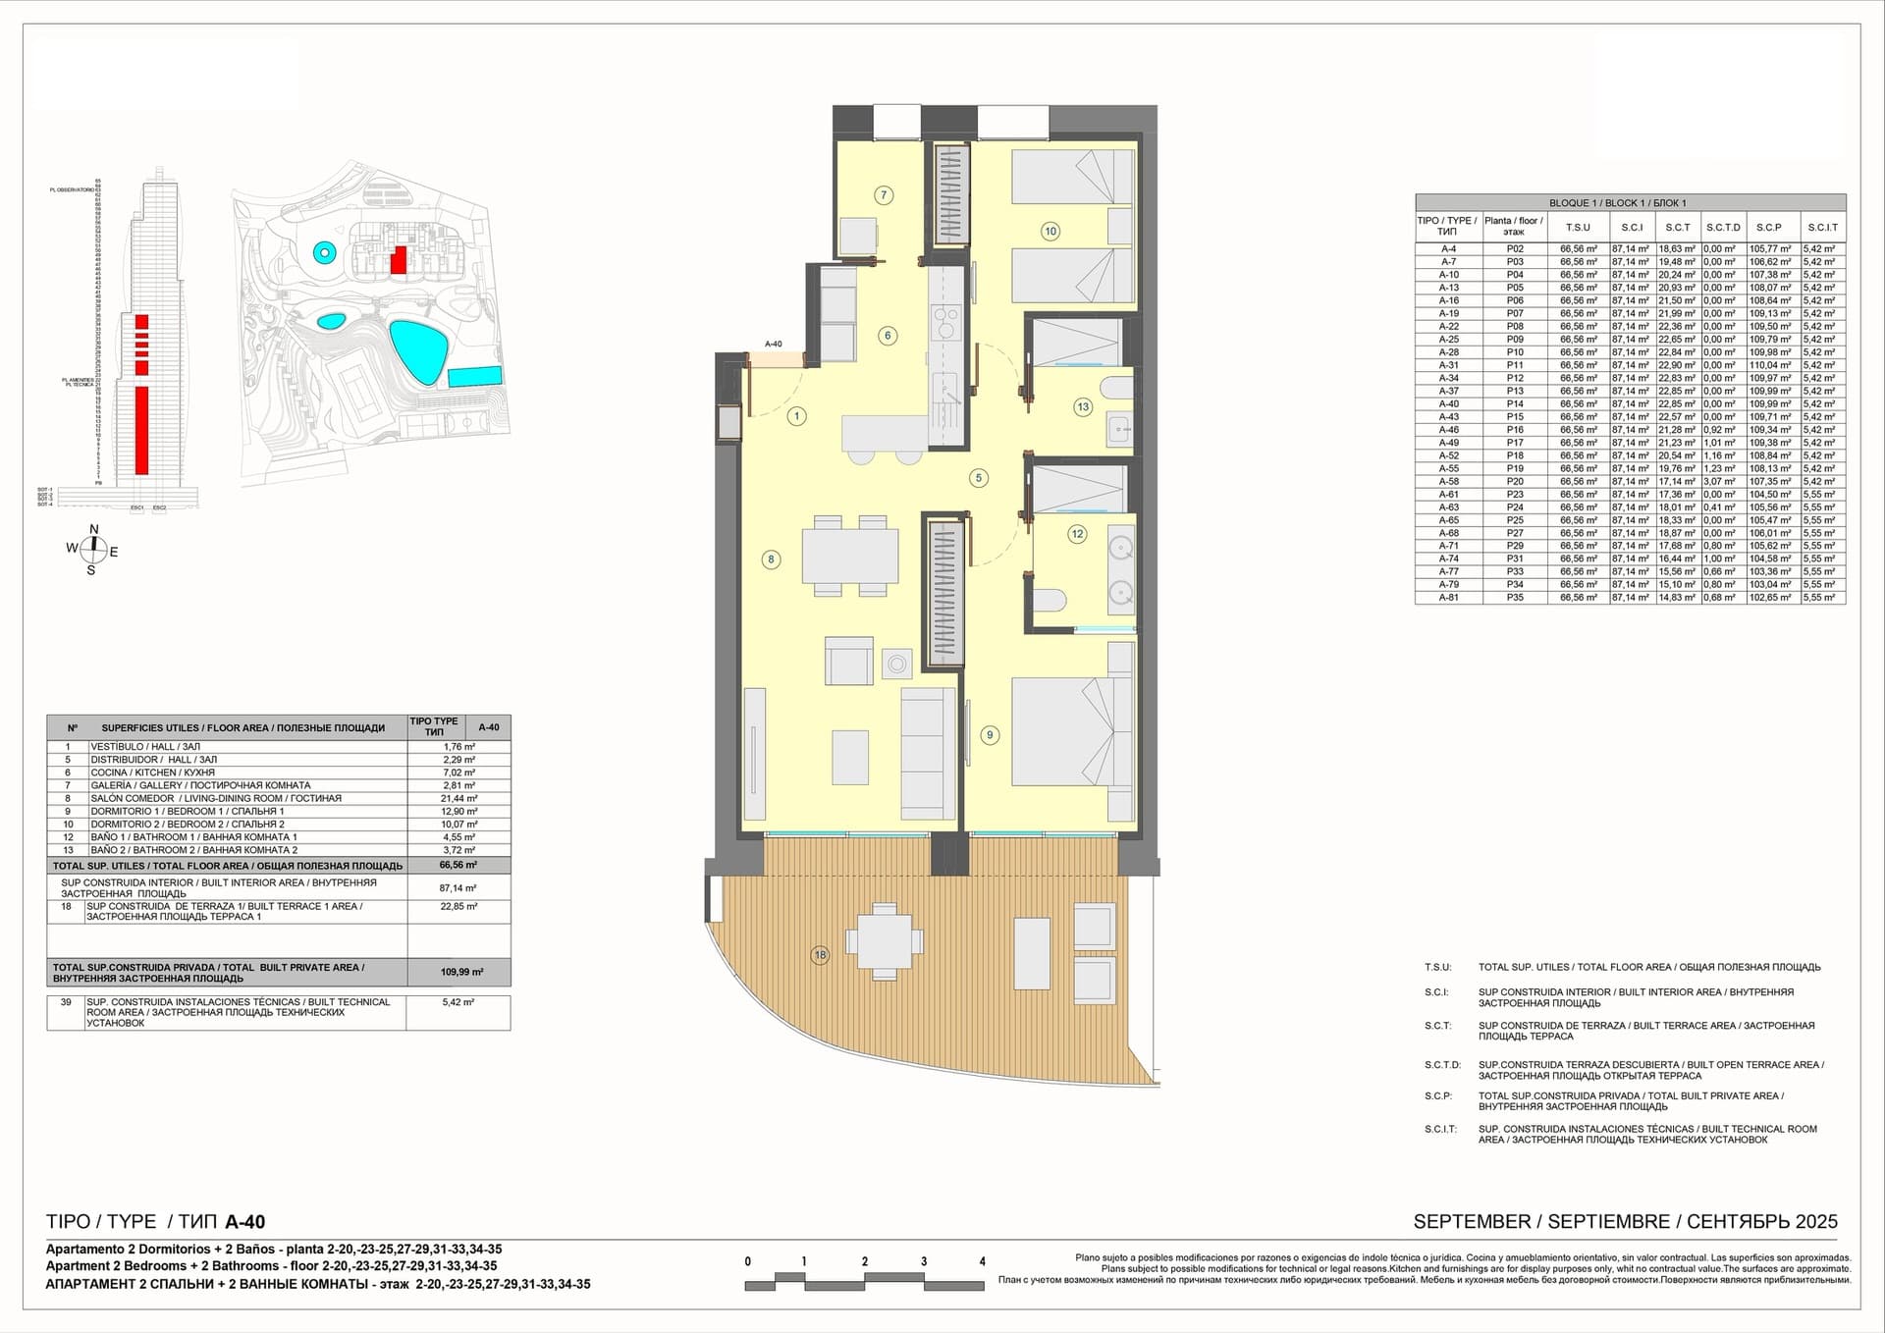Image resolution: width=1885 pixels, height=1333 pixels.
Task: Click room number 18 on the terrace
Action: click(821, 954)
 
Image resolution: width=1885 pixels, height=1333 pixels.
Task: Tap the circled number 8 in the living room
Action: click(771, 560)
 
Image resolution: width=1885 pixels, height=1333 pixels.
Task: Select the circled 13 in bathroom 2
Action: click(1082, 406)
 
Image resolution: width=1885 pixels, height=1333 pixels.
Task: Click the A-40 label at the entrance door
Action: click(774, 345)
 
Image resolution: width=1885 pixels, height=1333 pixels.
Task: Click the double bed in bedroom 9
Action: click(1064, 731)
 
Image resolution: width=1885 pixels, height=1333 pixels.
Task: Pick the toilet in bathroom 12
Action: click(1049, 601)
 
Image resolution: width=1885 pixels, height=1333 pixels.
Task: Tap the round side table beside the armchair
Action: click(896, 665)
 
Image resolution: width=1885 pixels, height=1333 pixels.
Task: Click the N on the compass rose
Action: click(94, 530)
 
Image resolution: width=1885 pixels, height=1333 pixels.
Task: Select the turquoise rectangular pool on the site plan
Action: click(475, 377)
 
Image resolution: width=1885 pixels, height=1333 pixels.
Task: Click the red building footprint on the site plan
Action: click(398, 260)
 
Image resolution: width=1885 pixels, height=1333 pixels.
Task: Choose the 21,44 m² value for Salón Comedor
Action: click(458, 798)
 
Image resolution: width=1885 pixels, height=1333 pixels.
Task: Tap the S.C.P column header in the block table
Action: click(1768, 227)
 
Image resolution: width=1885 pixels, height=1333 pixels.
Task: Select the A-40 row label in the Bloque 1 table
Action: click(1448, 403)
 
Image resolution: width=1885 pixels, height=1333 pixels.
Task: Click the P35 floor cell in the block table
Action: click(1515, 597)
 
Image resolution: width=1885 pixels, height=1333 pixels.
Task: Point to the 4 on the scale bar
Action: click(982, 1261)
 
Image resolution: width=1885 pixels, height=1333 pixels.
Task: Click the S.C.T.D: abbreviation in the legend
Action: click(1442, 1064)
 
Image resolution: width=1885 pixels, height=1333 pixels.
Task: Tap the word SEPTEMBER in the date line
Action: click(1472, 1222)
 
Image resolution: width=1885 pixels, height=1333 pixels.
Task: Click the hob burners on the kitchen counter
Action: click(946, 322)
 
